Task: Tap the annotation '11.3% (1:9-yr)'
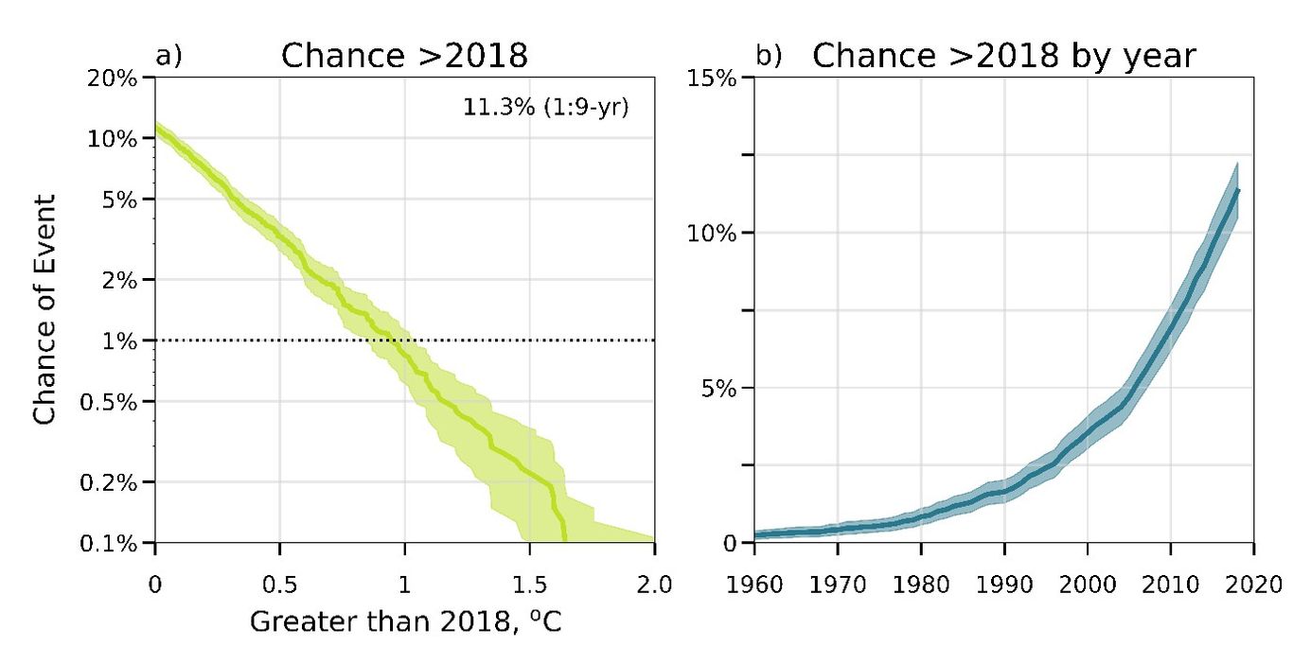546,107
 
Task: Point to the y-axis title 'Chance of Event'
45,310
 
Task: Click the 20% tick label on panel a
113,78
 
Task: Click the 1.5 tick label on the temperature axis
529,583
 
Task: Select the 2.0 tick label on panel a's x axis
654,583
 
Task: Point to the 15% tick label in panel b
711,78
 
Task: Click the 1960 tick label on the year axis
754,583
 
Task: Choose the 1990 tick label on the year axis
1004,583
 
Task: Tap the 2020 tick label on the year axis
1254,583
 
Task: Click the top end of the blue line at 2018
1237,190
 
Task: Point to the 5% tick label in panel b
717,388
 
